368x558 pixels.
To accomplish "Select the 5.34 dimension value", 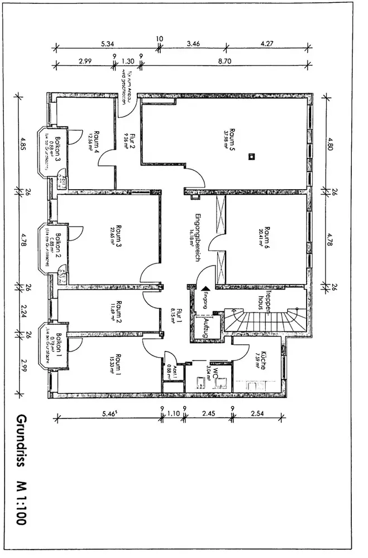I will point(107,43).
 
